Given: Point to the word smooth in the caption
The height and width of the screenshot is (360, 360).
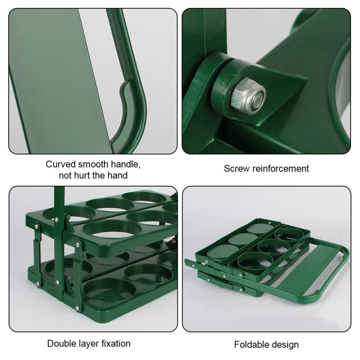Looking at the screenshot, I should pos(93,165).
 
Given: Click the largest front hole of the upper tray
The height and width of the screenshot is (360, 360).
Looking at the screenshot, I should pos(111,233).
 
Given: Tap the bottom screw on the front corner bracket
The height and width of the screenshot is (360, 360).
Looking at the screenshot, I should pos(77,308).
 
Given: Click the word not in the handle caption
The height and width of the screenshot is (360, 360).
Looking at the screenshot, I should pos(66,176).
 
